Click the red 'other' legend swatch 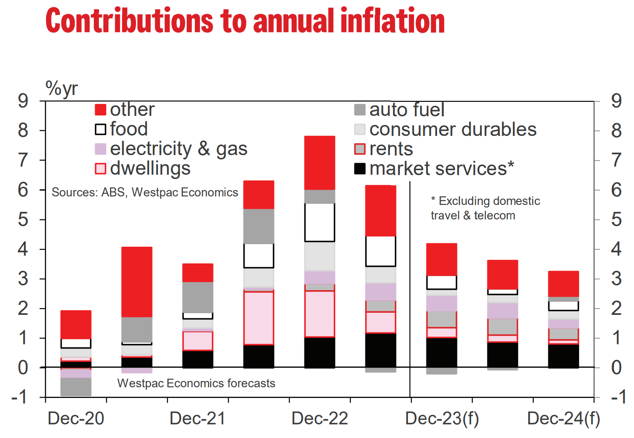[x=100, y=110]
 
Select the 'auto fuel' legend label [x=407, y=110]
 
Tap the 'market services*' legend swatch [x=360, y=169]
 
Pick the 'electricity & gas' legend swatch [x=100, y=149]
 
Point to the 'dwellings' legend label [x=150, y=169]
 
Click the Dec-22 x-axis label [x=320, y=418]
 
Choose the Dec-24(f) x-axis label [x=563, y=418]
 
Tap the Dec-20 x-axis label [x=76, y=418]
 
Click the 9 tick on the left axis [x=23, y=101]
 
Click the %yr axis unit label [x=61, y=89]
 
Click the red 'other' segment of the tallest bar [x=320, y=163]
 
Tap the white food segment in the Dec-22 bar [x=320, y=222]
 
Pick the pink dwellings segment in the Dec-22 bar [x=320, y=314]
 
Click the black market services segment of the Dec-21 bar [x=198, y=359]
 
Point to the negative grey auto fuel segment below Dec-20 [x=76, y=387]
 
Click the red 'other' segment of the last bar [x=563, y=284]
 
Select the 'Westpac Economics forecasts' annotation [x=196, y=383]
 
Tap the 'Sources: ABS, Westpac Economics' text [x=145, y=193]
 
